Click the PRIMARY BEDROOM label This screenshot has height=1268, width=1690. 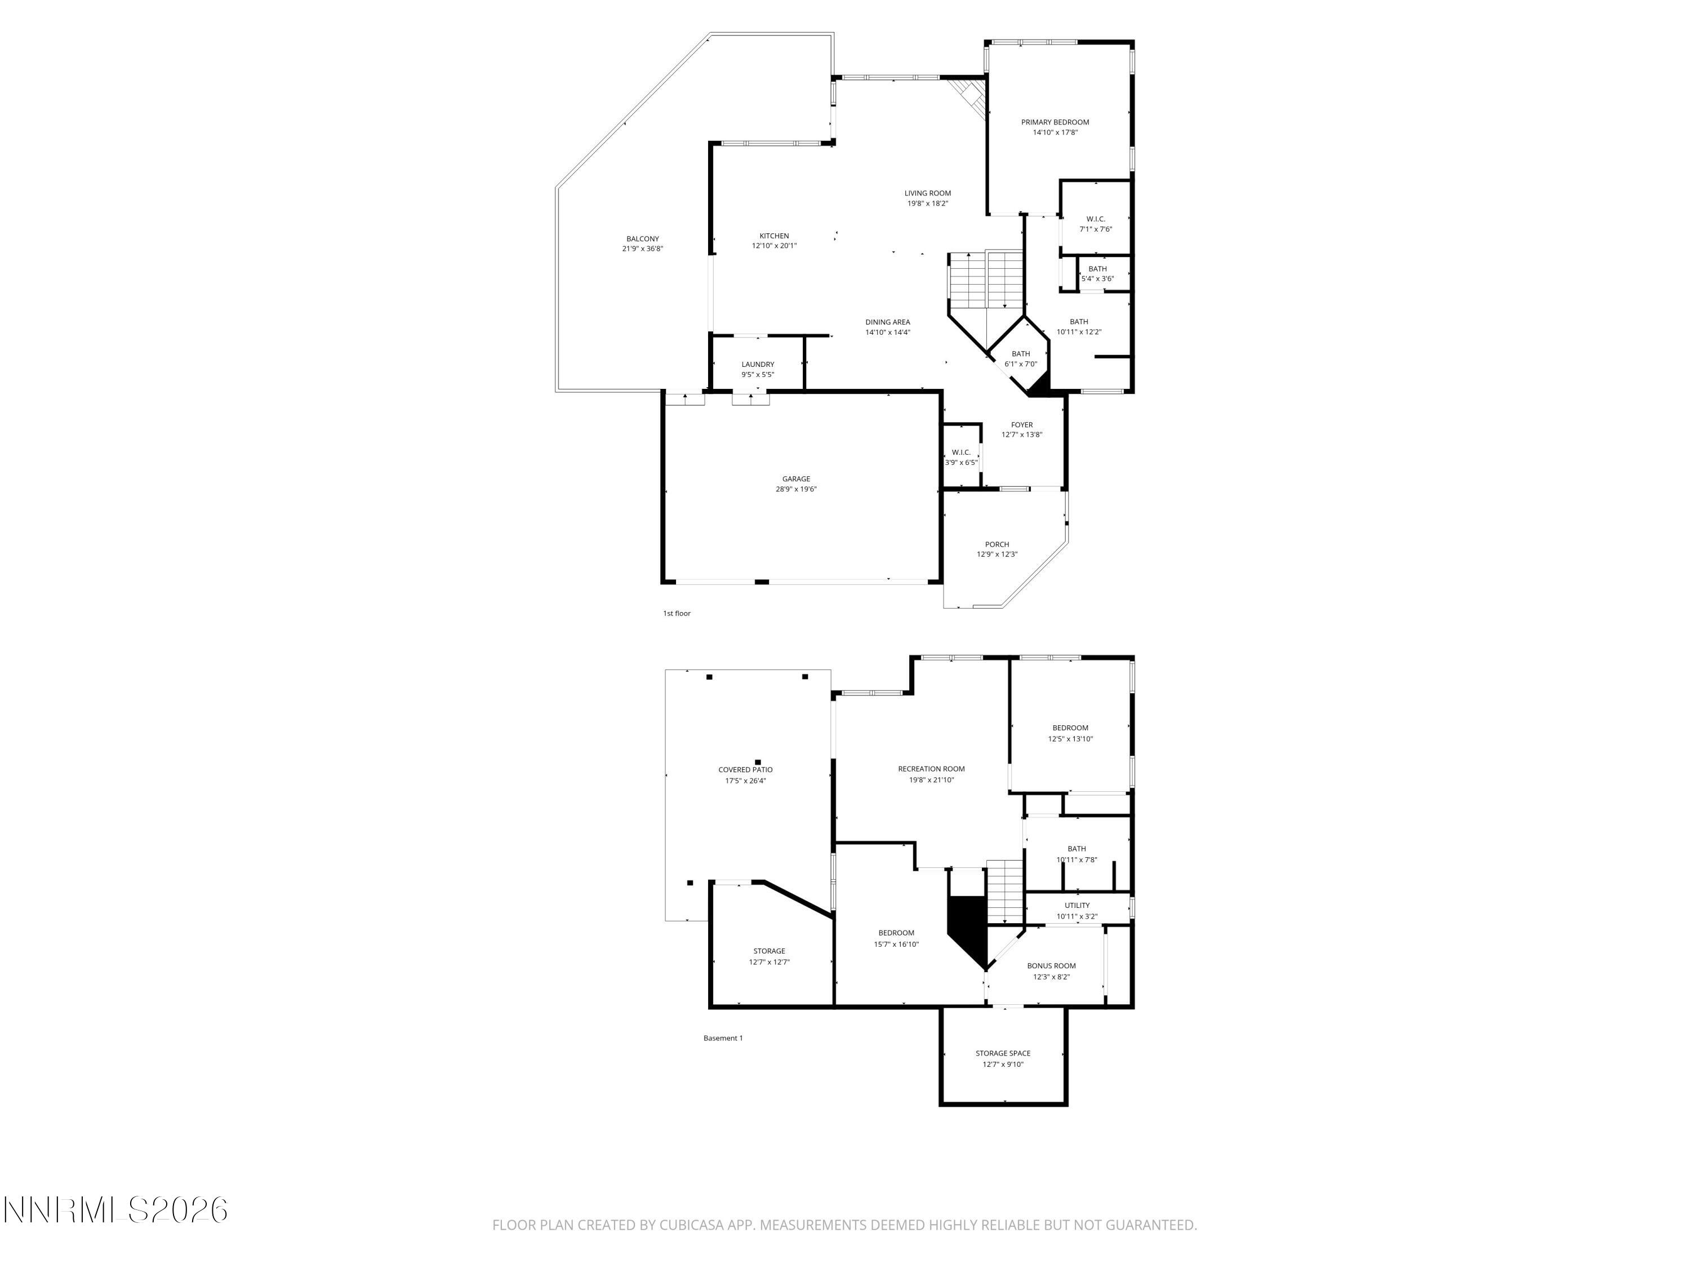point(1055,122)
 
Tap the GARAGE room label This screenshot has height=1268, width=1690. point(795,479)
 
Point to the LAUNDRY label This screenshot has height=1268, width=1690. point(757,365)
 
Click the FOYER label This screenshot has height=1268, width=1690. point(1021,425)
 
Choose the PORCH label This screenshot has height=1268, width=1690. point(997,545)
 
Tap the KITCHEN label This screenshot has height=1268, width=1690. point(773,236)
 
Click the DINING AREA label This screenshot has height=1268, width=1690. point(887,322)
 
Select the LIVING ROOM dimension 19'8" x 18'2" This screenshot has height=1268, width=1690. point(927,204)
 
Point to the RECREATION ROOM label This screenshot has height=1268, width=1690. point(931,769)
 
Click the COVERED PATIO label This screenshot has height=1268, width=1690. point(745,770)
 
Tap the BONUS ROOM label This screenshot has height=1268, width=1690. point(1051,966)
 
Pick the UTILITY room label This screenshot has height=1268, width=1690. point(1077,906)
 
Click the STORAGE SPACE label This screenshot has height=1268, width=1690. point(1002,1053)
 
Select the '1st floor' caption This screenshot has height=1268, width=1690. point(676,614)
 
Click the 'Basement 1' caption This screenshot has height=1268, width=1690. point(722,1038)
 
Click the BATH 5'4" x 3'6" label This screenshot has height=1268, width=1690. point(1097,269)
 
